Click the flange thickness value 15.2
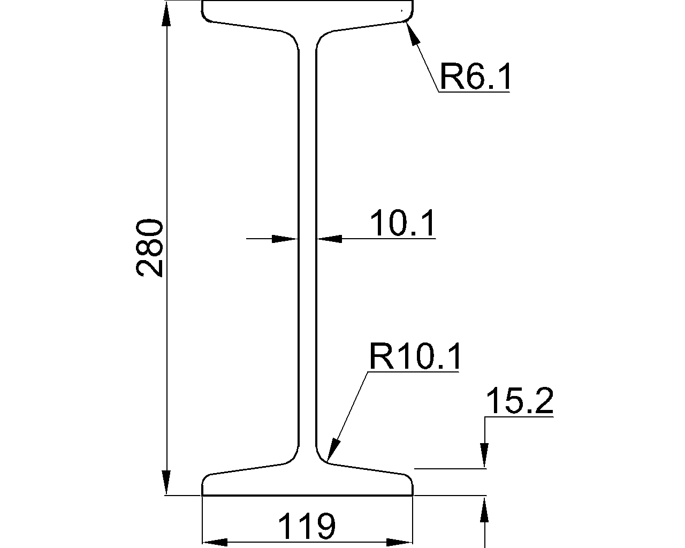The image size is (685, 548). coord(519,402)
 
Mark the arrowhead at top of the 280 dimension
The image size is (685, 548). coord(166,13)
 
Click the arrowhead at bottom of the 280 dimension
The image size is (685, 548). coord(166,483)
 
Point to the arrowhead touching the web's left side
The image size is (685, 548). coord(285,239)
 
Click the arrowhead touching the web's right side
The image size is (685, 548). coord(329,239)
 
